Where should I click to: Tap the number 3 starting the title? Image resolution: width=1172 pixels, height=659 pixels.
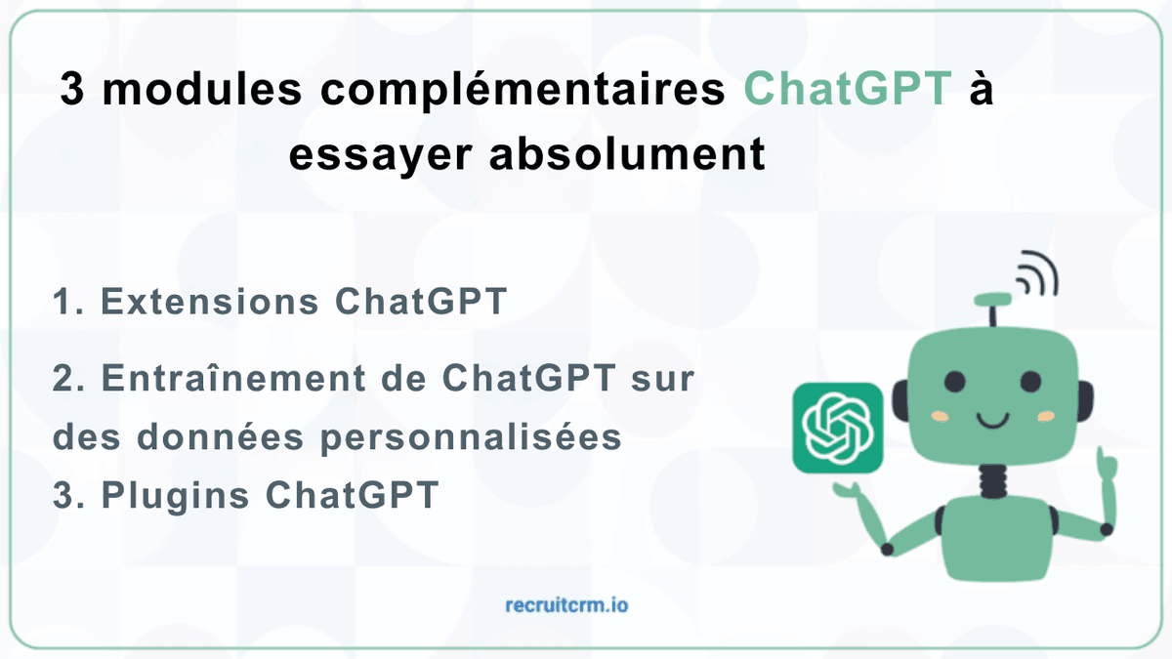72,92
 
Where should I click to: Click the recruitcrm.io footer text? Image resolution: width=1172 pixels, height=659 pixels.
567,605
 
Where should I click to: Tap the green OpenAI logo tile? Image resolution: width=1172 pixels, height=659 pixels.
838,427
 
